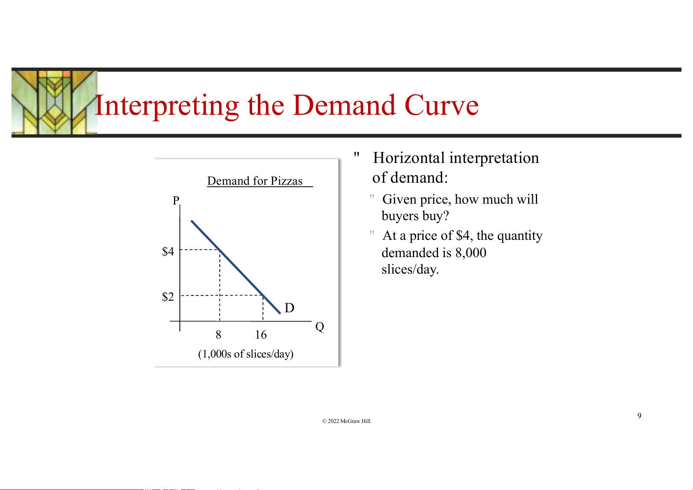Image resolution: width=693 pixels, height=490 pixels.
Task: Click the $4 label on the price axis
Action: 168,251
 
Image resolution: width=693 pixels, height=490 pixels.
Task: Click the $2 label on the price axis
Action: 168,297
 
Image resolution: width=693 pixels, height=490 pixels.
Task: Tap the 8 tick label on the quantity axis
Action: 218,334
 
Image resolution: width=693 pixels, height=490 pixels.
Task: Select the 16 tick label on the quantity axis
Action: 261,334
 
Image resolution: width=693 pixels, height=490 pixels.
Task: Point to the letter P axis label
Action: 176,201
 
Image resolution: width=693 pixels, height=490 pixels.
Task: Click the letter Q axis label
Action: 320,327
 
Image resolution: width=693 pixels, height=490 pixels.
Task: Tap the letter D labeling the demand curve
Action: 289,308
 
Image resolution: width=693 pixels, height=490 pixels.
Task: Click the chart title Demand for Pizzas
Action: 255,181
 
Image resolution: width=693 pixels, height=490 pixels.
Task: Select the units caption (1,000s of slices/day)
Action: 246,354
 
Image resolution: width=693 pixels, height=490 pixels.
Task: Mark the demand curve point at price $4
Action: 220,249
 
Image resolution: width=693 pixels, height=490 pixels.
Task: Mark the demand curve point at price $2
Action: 263,295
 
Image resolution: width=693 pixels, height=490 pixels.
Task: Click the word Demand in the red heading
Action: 344,105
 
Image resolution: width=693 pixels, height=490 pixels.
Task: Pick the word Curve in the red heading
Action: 441,105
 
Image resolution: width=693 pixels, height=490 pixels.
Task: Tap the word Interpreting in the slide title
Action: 167,107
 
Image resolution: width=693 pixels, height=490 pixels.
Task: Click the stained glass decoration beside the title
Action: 54,102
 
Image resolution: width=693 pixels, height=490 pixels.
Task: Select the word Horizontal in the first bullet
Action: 409,158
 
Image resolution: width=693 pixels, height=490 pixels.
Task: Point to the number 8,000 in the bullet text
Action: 471,253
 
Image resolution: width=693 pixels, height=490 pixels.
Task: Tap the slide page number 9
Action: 639,416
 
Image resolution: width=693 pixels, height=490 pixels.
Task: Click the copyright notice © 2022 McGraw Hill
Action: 347,421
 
